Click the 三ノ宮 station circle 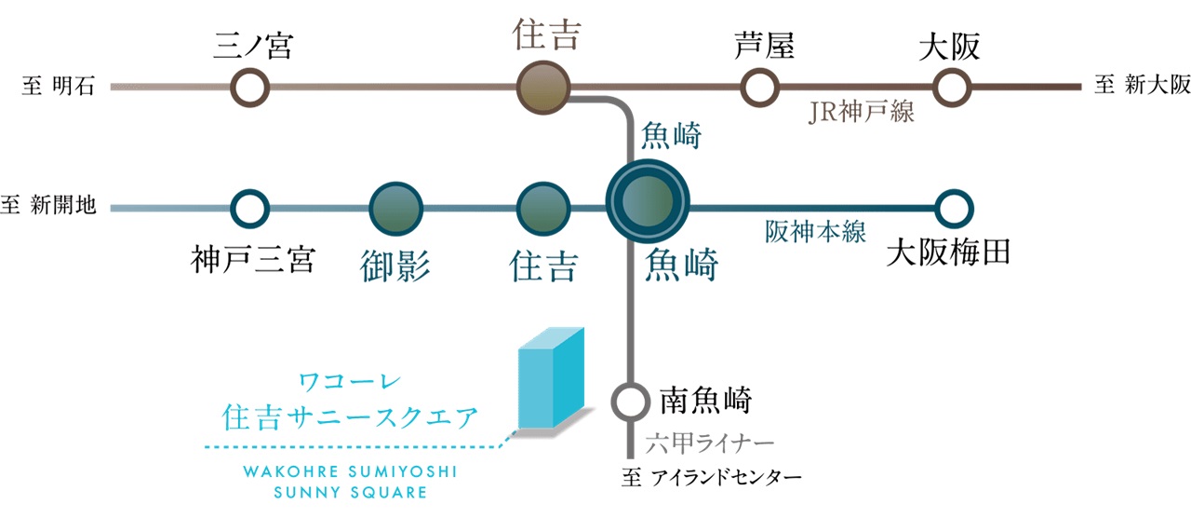tap(249, 88)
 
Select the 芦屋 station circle tap(759, 88)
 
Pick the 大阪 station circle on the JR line tap(951, 88)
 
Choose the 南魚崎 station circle tap(630, 402)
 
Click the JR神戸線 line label tap(863, 113)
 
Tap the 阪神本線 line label tap(816, 232)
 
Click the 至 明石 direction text tap(58, 88)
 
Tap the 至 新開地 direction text tap(49, 205)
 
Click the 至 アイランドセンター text tap(711, 480)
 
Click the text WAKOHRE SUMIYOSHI tap(350, 471)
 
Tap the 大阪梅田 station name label tap(949, 252)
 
